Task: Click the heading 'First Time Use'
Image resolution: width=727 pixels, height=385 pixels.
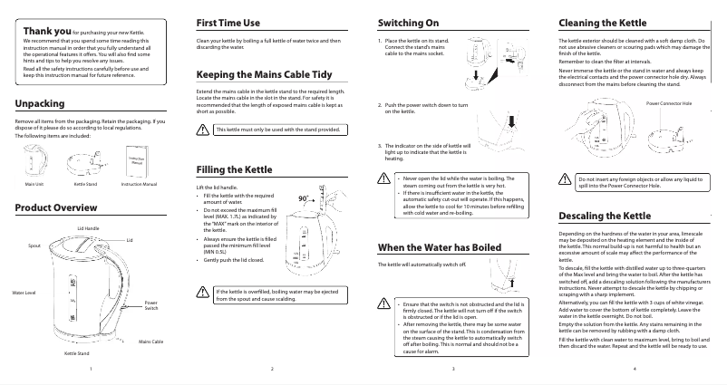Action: (x=230, y=21)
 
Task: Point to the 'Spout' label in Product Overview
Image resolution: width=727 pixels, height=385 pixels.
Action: (x=34, y=245)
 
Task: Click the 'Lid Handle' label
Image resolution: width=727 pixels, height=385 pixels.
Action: (x=88, y=228)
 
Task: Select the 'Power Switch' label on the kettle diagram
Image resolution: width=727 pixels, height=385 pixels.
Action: (x=150, y=306)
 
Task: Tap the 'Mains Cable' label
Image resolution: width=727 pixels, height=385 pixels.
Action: (x=150, y=341)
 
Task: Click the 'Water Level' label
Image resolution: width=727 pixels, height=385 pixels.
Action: (x=24, y=294)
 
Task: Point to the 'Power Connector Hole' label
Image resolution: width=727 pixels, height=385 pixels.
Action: (x=668, y=105)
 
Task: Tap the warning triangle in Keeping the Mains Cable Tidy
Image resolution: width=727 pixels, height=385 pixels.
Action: (x=203, y=130)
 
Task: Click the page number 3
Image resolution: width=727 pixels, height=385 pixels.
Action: (x=452, y=370)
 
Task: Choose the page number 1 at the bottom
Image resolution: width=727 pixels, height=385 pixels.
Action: (x=91, y=370)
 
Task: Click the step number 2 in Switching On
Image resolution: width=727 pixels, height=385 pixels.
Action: (x=379, y=104)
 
